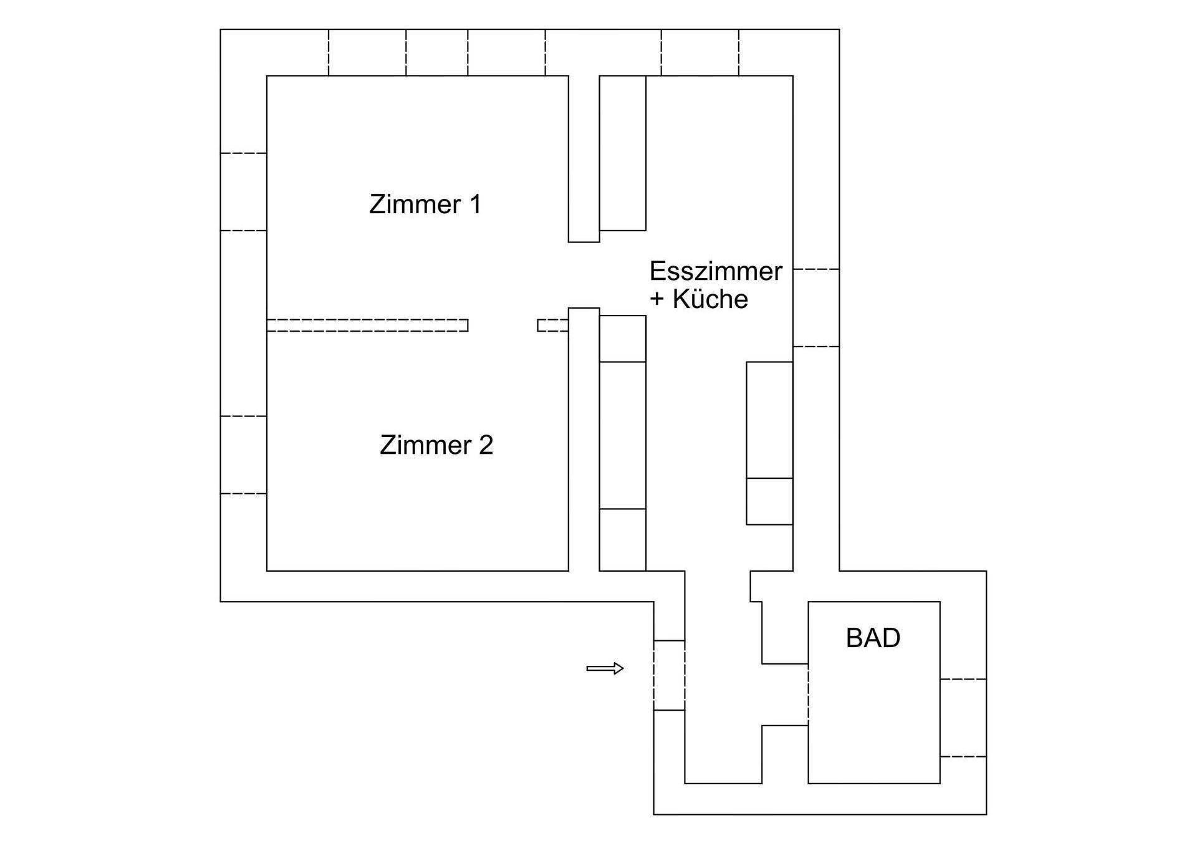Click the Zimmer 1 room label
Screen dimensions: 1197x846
(x=425, y=204)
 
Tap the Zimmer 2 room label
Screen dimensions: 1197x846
(x=436, y=445)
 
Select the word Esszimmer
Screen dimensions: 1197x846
(x=715, y=271)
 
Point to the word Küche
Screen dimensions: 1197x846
(x=710, y=299)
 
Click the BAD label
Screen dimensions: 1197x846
(x=873, y=638)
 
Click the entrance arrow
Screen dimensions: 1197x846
(x=605, y=668)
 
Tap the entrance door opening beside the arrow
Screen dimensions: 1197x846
(x=669, y=675)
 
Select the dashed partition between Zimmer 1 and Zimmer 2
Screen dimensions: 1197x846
(x=367, y=325)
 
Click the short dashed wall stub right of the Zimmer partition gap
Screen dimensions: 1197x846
(x=552, y=325)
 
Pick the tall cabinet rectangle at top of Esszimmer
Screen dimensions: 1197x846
(x=622, y=153)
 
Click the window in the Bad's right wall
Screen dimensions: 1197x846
(x=963, y=718)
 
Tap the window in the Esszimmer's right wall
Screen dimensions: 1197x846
(x=816, y=308)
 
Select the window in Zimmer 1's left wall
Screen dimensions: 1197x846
(x=244, y=192)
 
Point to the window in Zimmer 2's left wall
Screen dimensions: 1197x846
(x=244, y=455)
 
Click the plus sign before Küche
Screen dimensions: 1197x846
(x=657, y=299)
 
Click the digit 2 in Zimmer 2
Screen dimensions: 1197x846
(x=486, y=445)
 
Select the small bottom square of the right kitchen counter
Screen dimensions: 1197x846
(x=769, y=501)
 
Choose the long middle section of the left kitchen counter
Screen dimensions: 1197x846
(x=622, y=435)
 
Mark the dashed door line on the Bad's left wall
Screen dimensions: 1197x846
(x=809, y=695)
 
